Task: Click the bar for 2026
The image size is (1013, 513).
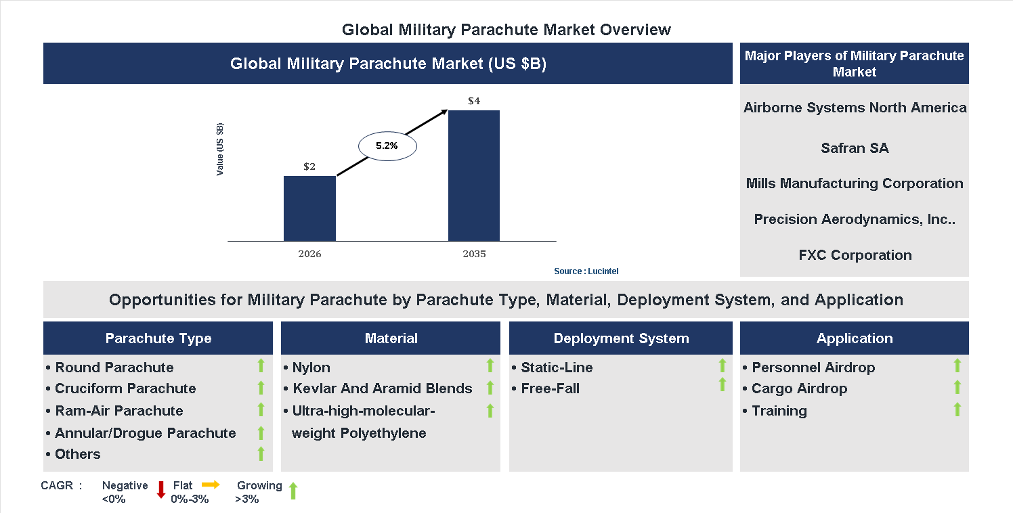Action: coord(309,208)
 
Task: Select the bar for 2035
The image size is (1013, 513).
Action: coord(474,175)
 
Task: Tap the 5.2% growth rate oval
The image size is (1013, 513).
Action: coord(387,146)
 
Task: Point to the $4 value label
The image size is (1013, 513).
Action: coord(474,102)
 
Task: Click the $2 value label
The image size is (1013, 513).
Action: coord(309,166)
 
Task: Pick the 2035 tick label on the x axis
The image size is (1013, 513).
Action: coord(474,254)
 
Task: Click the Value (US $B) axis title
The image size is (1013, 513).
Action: coord(220,150)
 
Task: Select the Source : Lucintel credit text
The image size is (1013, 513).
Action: coord(586,271)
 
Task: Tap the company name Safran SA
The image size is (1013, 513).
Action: coord(855,148)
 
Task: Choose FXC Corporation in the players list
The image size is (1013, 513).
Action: coord(855,255)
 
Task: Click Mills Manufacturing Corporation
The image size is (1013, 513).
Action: coord(855,183)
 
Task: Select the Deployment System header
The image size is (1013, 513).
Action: coord(621,338)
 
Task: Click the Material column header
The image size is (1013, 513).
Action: coord(391,338)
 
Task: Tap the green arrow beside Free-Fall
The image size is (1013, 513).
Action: coord(722,384)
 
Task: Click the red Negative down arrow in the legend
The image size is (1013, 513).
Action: coord(161,489)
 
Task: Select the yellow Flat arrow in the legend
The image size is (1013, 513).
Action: coord(211,485)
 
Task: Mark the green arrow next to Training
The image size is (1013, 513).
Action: coord(957,409)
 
